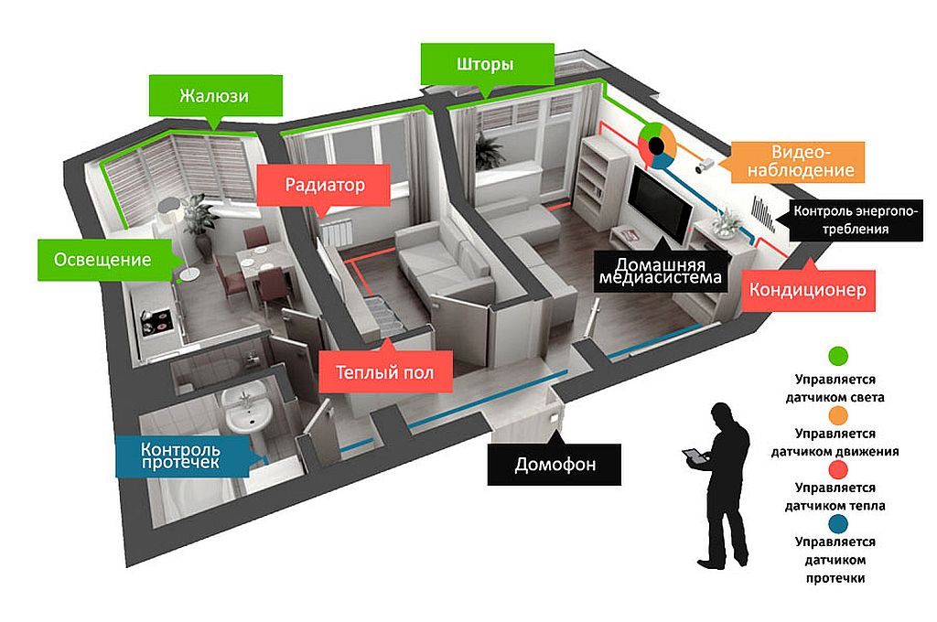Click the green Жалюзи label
[215, 96]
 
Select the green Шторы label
[487, 64]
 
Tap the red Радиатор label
[324, 185]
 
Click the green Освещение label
[103, 260]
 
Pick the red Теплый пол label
[385, 372]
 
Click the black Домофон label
[555, 465]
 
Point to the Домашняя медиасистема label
[661, 272]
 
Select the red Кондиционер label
[808, 290]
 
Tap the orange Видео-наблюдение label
[798, 162]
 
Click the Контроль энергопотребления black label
[856, 220]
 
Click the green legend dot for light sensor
[839, 356]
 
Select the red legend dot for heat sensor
[839, 470]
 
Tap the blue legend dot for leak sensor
[839, 524]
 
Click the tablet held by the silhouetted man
[694, 456]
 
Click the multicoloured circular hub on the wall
[657, 145]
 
